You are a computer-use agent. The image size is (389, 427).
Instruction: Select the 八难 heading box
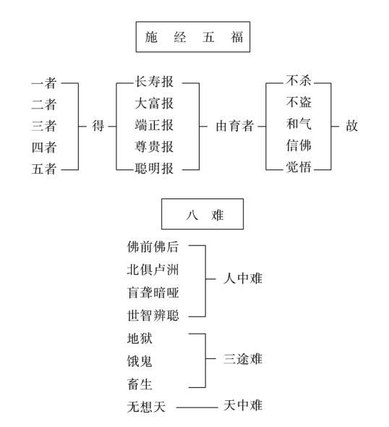tap(202, 215)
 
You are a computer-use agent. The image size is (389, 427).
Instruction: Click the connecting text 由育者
tap(235, 126)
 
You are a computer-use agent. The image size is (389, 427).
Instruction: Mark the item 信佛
tap(299, 147)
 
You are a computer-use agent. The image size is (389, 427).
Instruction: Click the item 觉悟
tap(299, 169)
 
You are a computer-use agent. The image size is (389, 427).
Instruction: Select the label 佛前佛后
tap(153, 246)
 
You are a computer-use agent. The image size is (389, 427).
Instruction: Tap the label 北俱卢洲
tap(153, 269)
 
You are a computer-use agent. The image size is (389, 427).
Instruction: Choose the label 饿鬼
tap(140, 360)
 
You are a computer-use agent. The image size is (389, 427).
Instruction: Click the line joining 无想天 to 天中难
tap(195, 407)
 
